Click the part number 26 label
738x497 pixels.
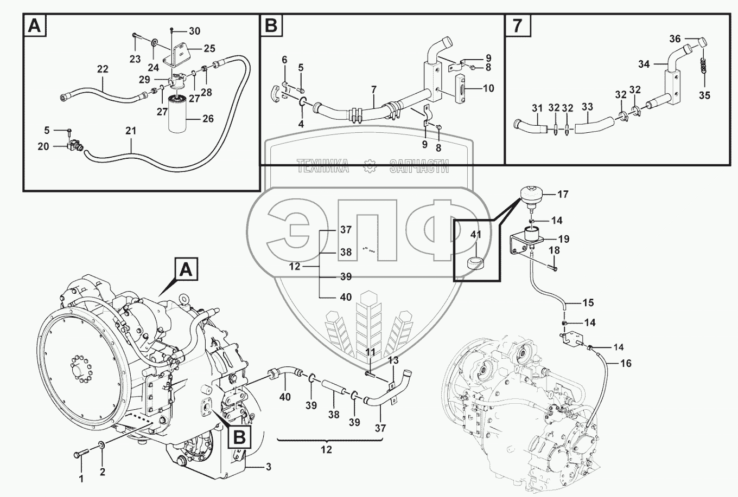(x=208, y=119)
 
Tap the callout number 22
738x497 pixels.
(x=103, y=69)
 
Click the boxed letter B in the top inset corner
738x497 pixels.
(x=270, y=25)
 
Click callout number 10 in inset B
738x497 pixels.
(x=488, y=88)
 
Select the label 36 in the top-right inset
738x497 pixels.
(x=675, y=39)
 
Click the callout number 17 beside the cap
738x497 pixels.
(x=563, y=194)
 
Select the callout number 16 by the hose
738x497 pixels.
(x=626, y=364)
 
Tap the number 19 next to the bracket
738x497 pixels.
(x=563, y=240)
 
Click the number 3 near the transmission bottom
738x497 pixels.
(x=268, y=467)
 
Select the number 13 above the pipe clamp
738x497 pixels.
(x=393, y=360)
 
